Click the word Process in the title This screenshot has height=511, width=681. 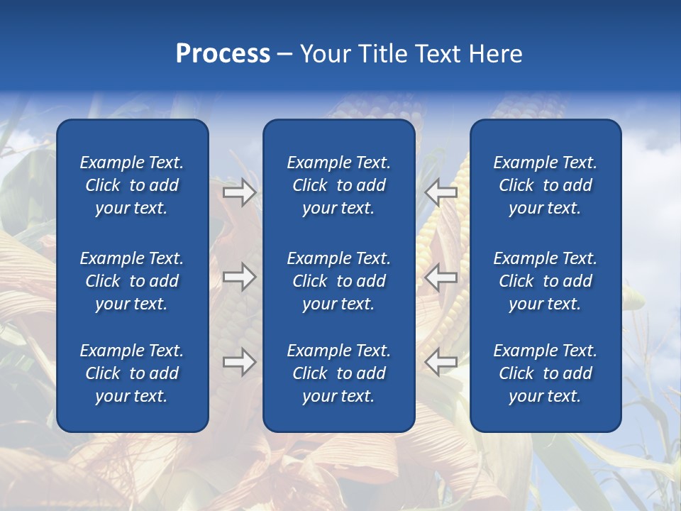click(x=223, y=54)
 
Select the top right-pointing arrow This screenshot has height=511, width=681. click(x=239, y=192)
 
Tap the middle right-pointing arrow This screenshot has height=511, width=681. click(x=239, y=277)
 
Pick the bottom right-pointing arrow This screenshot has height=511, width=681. click(x=239, y=363)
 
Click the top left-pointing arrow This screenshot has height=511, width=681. click(x=441, y=192)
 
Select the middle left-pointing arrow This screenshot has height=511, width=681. click(x=441, y=277)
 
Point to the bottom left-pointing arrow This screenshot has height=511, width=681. click(x=441, y=363)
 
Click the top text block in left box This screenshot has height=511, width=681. click(x=132, y=185)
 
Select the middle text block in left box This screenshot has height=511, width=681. click(x=132, y=281)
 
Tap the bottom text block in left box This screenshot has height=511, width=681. click(x=132, y=373)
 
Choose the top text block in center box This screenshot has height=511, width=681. click(x=338, y=185)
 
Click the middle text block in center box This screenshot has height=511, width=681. click(x=338, y=281)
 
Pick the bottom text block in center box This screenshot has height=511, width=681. click(x=338, y=373)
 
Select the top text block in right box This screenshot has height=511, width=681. click(x=545, y=185)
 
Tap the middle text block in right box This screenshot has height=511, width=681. click(x=545, y=281)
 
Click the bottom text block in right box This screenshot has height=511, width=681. click(x=545, y=373)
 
